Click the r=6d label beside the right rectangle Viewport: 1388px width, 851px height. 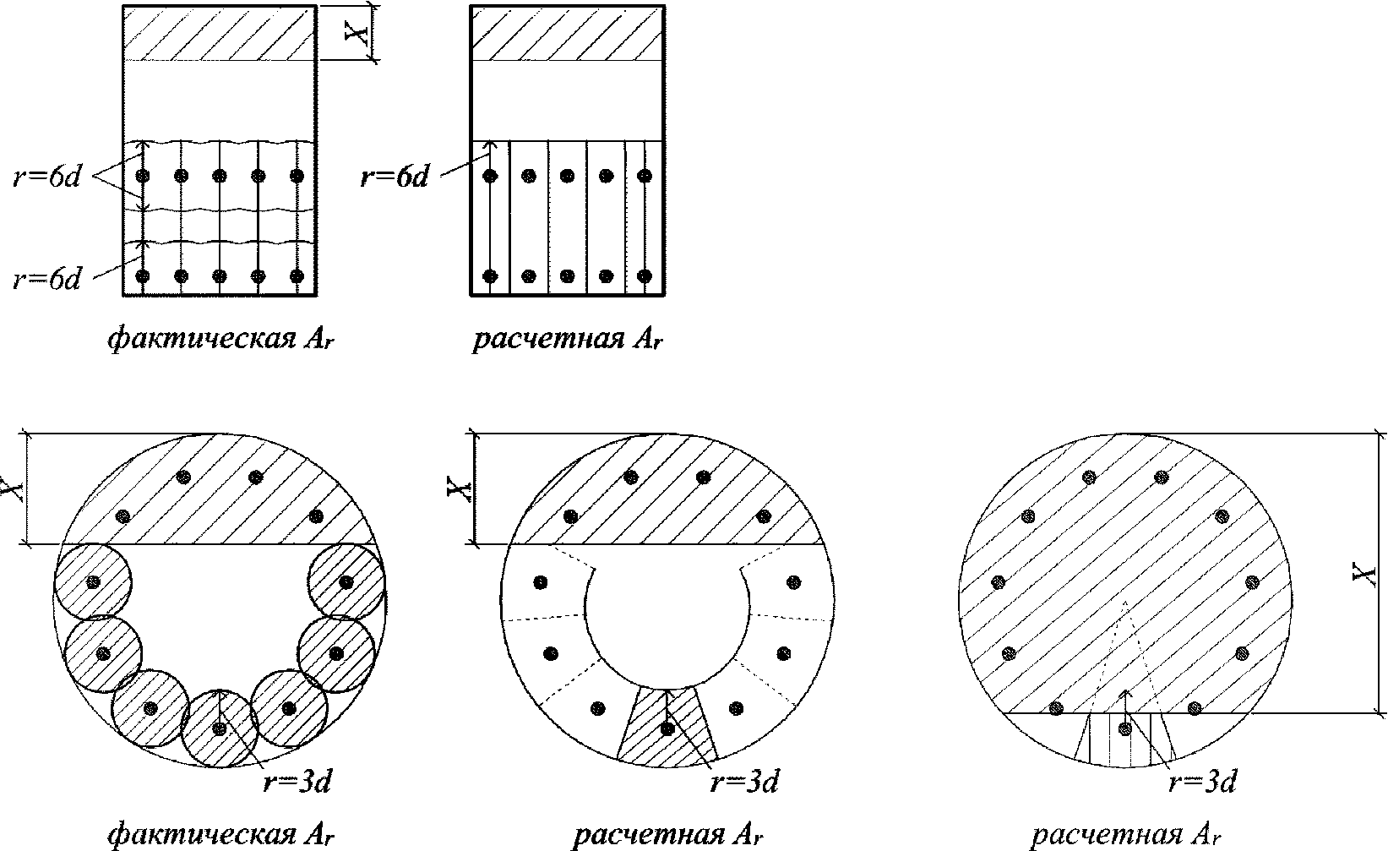click(395, 177)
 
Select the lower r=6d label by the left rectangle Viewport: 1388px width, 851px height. click(47, 278)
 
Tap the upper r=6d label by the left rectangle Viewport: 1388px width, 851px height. click(47, 178)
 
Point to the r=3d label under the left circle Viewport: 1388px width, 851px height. click(297, 782)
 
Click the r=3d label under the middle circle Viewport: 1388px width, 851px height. click(744, 782)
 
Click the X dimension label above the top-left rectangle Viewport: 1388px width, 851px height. click(360, 33)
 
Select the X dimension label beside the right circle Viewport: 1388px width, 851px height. click(1365, 574)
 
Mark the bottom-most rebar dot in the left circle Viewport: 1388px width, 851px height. click(220, 728)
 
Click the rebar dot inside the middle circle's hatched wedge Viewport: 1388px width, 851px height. click(667, 728)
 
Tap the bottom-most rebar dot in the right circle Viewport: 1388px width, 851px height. click(1124, 728)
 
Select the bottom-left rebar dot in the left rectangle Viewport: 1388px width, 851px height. click(142, 276)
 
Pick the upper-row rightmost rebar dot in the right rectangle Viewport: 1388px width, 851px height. click(645, 177)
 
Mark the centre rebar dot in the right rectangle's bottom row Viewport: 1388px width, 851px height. click(568, 276)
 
